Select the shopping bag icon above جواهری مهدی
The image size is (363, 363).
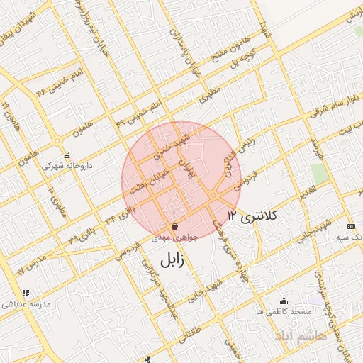coord(174,227)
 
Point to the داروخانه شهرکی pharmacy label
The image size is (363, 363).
coord(67,166)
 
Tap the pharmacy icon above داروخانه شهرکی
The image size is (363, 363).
coord(67,155)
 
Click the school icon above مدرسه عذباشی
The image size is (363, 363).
coord(26,292)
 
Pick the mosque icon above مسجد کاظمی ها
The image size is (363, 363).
coord(284,301)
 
